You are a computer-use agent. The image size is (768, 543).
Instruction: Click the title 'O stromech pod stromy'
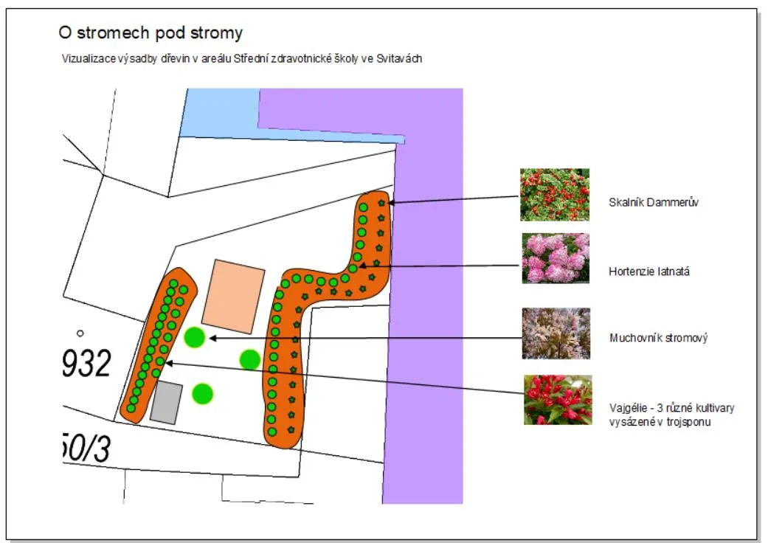tap(151, 32)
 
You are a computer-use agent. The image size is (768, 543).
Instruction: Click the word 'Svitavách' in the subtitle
tap(399, 59)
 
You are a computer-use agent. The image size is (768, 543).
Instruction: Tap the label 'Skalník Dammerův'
tap(654, 202)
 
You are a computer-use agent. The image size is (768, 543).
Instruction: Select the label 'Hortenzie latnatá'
tap(649, 271)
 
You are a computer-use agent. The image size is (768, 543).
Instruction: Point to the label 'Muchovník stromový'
tap(658, 338)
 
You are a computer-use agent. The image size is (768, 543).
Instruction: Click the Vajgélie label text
tap(671, 415)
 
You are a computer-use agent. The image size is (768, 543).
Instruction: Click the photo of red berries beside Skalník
tap(555, 195)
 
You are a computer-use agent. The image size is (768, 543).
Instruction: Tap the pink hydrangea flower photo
tap(556, 258)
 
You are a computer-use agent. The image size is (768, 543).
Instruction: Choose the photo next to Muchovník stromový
tap(556, 333)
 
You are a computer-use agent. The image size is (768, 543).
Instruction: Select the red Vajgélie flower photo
tap(558, 400)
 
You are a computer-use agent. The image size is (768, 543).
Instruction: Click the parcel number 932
tap(87, 363)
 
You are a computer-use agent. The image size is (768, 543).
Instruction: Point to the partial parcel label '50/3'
tap(87, 448)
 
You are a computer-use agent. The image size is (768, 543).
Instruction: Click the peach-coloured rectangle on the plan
tap(233, 297)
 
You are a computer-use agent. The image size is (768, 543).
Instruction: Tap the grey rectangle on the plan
tap(167, 403)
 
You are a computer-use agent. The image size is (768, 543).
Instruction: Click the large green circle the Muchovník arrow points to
tap(195, 337)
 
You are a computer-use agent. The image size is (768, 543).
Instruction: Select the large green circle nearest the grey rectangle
tap(202, 394)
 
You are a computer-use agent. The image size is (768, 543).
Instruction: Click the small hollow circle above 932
tap(80, 333)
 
